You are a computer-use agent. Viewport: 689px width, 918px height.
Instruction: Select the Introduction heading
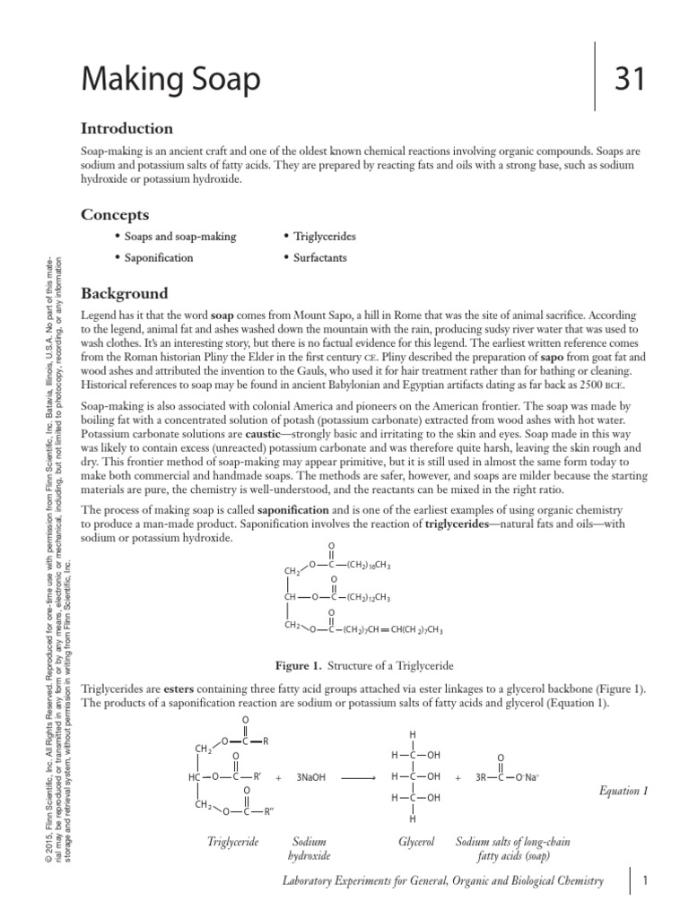(x=126, y=128)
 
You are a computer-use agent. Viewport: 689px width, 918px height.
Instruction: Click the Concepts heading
(x=115, y=214)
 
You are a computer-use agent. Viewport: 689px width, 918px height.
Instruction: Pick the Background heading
(x=125, y=293)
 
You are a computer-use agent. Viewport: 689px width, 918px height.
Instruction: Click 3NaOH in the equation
(x=314, y=776)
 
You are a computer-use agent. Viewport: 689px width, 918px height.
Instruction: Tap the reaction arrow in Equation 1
(x=358, y=776)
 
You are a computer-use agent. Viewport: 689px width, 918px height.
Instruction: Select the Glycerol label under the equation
(x=416, y=843)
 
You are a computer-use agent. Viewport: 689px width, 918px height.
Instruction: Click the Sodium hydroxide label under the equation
(x=310, y=849)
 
